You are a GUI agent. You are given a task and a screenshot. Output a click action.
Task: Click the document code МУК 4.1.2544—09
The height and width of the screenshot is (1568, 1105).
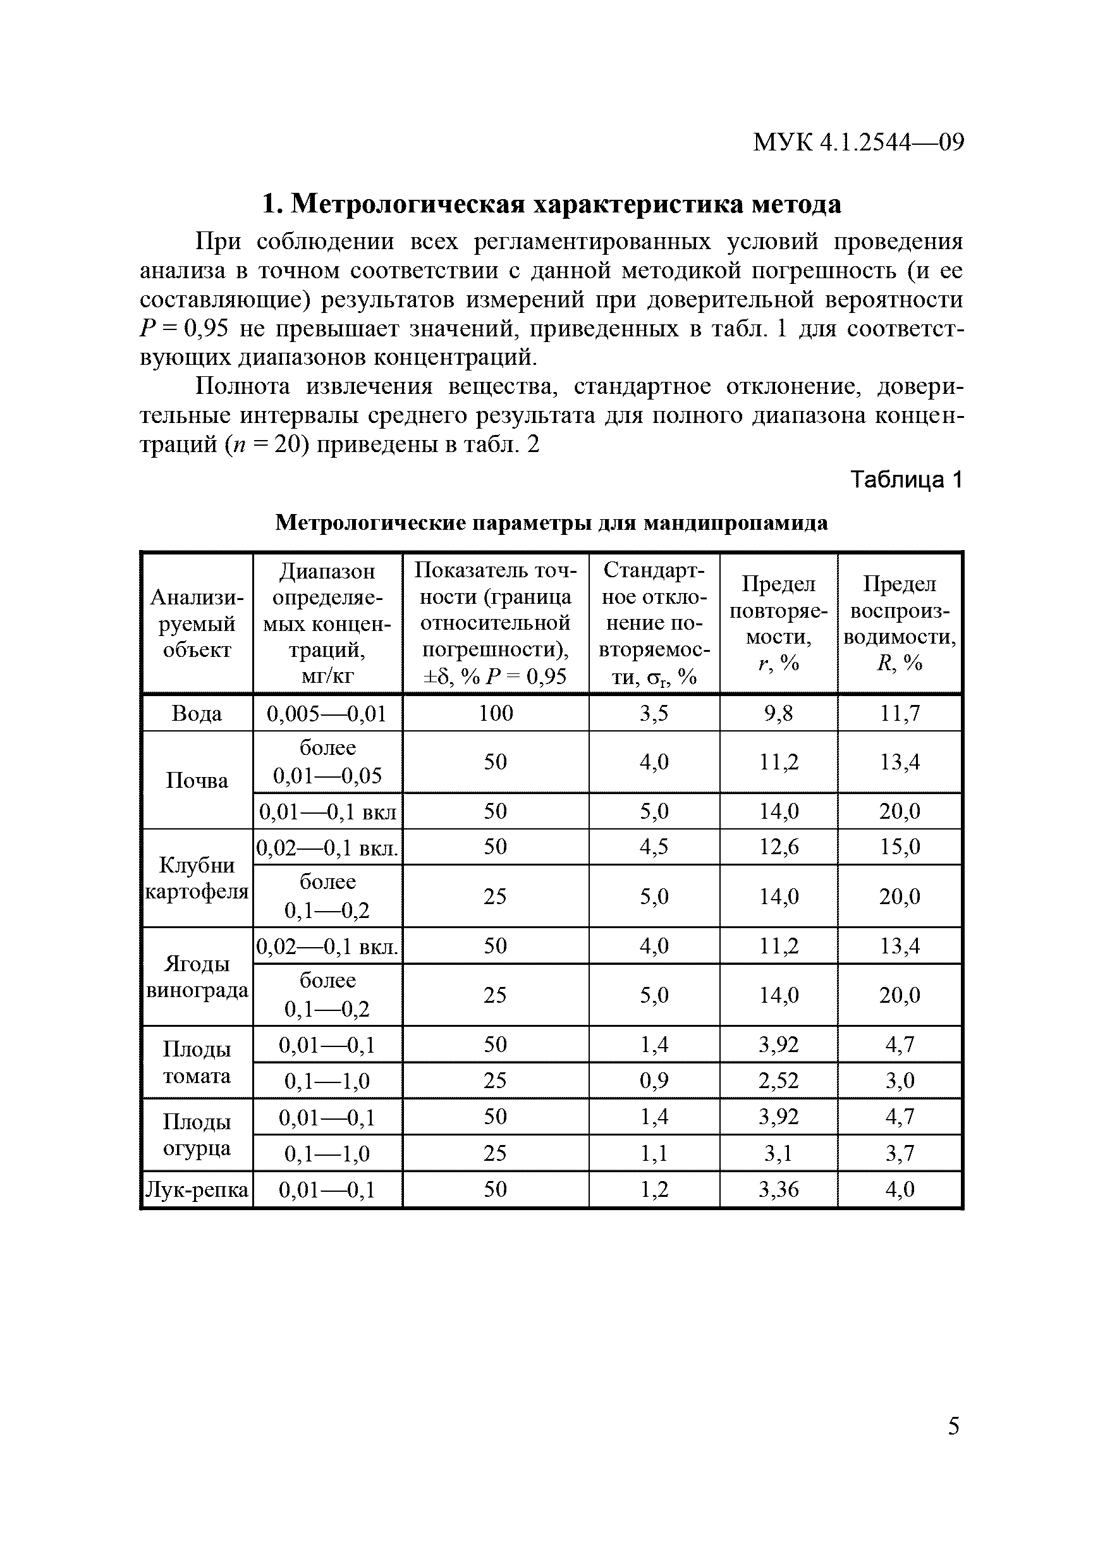pyautogui.click(x=858, y=143)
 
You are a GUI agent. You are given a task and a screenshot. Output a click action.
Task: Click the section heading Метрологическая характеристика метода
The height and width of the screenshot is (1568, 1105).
pyautogui.click(x=552, y=204)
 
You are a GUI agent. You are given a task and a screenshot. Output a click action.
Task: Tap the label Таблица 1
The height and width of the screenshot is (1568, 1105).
pyautogui.click(x=906, y=480)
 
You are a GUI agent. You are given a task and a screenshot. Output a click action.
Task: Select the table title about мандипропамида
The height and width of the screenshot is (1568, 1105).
pyautogui.click(x=551, y=522)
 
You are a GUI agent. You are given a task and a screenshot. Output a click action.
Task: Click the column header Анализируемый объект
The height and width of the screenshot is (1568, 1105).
pyautogui.click(x=197, y=623)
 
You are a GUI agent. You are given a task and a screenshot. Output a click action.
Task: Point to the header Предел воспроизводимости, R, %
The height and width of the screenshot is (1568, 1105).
pyautogui.click(x=899, y=623)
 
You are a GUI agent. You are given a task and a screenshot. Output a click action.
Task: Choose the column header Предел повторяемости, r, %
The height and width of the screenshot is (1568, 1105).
pyautogui.click(x=778, y=623)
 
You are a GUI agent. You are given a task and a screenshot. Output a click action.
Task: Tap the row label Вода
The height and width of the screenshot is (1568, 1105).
pyautogui.click(x=197, y=714)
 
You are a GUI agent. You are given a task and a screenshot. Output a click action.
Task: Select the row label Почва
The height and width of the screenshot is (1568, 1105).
pyautogui.click(x=197, y=781)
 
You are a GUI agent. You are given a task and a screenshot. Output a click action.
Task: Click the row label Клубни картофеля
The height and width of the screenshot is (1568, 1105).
pyautogui.click(x=197, y=879)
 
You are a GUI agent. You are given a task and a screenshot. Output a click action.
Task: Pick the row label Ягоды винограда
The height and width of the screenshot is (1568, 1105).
pyautogui.click(x=197, y=977)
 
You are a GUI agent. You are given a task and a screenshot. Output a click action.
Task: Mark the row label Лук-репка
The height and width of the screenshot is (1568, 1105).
pyautogui.click(x=197, y=1190)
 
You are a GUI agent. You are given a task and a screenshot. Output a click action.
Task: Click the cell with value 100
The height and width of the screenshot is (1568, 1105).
pyautogui.click(x=495, y=714)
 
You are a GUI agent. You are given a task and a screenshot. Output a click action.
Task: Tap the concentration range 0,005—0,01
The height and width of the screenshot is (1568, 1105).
pyautogui.click(x=327, y=714)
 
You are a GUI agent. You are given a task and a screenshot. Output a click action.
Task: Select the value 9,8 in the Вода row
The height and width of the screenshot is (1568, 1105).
pyautogui.click(x=778, y=714)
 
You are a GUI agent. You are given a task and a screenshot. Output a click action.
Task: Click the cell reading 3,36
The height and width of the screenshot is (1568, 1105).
pyautogui.click(x=778, y=1190)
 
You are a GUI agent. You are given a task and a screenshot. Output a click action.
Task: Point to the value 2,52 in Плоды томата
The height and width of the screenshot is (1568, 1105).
pyautogui.click(x=778, y=1081)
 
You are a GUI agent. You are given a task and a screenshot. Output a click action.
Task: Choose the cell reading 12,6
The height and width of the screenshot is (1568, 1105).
pyautogui.click(x=778, y=847)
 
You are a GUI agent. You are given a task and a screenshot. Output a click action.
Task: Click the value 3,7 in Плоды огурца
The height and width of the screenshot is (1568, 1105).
pyautogui.click(x=899, y=1153)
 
